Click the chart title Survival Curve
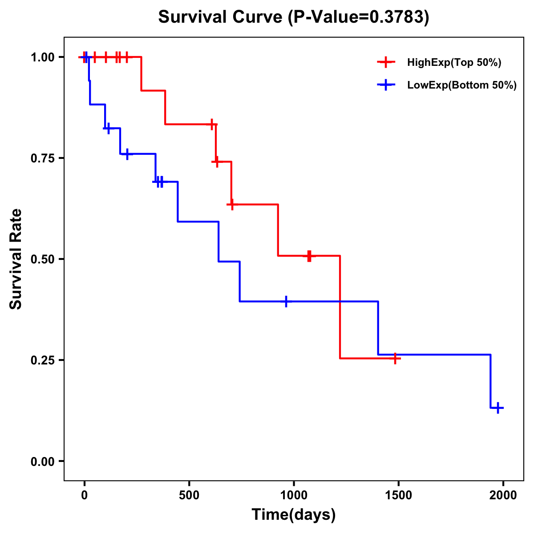coord(221,17)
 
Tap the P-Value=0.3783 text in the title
coord(359,17)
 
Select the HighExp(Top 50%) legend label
coord(454,63)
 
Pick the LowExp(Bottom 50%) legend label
coord(461,85)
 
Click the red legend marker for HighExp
coord(386,63)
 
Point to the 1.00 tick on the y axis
coord(42,57)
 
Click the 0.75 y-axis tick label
coord(42,158)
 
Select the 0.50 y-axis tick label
coord(42,259)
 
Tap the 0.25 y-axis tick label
coord(42,360)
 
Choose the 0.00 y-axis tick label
coord(42,461)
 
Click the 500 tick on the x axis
coord(189,495)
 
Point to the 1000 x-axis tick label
coord(294,495)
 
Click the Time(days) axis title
coord(294,515)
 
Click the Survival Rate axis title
coord(16,259)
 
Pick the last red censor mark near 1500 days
coord(395,358)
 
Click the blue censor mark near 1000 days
coord(286,301)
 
